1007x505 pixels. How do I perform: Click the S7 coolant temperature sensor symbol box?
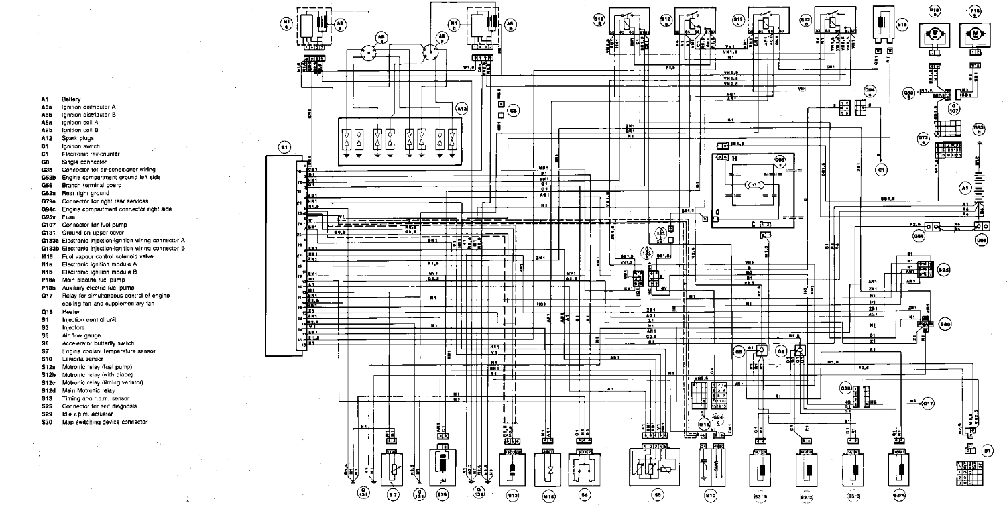pos(392,463)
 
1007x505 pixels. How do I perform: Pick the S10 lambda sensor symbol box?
pos(710,463)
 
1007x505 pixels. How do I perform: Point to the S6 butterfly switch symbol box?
pos(584,463)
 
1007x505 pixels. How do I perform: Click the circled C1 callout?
pos(882,170)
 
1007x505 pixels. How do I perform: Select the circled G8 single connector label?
pos(513,111)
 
